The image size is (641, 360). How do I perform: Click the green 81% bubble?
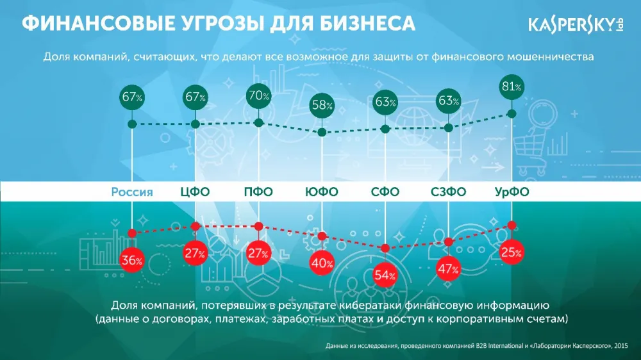click(x=512, y=87)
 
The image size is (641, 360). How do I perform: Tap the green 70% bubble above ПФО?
click(x=258, y=96)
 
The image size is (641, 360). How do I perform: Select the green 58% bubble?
click(x=322, y=106)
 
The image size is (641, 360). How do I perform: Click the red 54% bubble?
click(x=385, y=275)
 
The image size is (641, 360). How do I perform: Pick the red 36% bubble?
click(x=131, y=260)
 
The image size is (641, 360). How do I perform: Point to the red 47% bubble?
click(x=448, y=268)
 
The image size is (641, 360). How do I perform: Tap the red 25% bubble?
click(x=512, y=252)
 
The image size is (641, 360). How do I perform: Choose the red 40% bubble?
click(x=322, y=263)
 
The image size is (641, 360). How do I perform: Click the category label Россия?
click(x=132, y=192)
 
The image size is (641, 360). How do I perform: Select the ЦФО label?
click(x=195, y=192)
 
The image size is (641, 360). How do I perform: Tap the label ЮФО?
click(x=322, y=192)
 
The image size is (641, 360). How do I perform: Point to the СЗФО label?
click(x=448, y=192)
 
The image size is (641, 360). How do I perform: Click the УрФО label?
click(x=512, y=192)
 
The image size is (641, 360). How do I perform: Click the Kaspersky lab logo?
click(x=576, y=24)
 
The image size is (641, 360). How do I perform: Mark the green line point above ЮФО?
click(x=322, y=132)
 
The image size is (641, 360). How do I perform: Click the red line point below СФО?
click(x=385, y=248)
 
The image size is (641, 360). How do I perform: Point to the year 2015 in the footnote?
click(x=621, y=346)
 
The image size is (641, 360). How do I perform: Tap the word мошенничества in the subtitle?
click(x=550, y=57)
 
